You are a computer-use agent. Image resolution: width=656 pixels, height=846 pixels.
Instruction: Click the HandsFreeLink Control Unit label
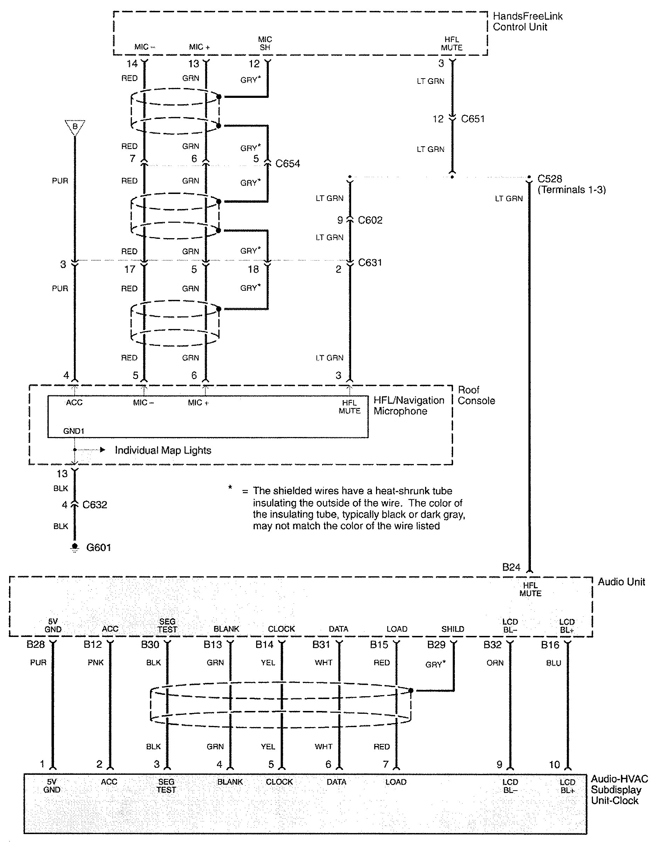pyautogui.click(x=527, y=22)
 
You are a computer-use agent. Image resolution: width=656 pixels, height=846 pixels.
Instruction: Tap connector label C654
pyautogui.click(x=288, y=164)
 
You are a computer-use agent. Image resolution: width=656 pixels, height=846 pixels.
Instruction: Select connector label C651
pyautogui.click(x=473, y=119)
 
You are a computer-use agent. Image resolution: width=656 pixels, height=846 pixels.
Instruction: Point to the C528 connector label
pyautogui.click(x=549, y=179)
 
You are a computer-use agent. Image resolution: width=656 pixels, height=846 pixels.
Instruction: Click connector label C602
pyautogui.click(x=370, y=220)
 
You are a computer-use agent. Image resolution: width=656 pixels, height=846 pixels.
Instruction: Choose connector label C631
pyautogui.click(x=370, y=263)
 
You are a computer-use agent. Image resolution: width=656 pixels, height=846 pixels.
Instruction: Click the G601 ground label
pyautogui.click(x=98, y=548)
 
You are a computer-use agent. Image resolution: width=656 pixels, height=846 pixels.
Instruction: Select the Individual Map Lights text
pyautogui.click(x=163, y=450)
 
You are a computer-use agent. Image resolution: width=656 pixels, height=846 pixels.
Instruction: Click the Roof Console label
pyautogui.click(x=476, y=395)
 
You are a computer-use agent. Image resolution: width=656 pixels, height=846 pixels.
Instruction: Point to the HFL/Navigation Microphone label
pyautogui.click(x=409, y=405)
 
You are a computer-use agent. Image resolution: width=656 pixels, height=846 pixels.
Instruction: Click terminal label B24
pyautogui.click(x=511, y=568)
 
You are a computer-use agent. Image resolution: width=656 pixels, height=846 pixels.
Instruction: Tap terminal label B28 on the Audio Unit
pyautogui.click(x=36, y=645)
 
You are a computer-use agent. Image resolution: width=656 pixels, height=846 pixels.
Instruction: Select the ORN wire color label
pyautogui.click(x=495, y=663)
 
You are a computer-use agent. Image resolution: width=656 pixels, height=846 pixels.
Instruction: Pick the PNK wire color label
pyautogui.click(x=96, y=663)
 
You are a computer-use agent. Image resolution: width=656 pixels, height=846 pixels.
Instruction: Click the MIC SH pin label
pyautogui.click(x=265, y=43)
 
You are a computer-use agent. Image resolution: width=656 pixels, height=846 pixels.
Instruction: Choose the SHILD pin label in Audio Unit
pyautogui.click(x=453, y=630)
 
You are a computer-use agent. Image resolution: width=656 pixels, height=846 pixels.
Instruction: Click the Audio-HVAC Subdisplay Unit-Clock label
pyautogui.click(x=619, y=790)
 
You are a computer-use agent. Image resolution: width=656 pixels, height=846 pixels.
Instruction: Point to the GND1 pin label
pyautogui.click(x=74, y=431)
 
